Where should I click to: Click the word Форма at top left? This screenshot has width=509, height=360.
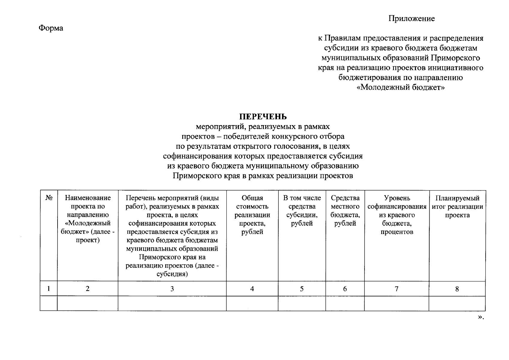[51, 28]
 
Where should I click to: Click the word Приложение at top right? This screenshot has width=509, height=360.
[412, 19]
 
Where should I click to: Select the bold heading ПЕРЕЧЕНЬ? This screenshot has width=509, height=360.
[263, 116]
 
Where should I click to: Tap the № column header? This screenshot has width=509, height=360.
[49, 198]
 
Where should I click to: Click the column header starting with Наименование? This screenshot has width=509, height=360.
[88, 219]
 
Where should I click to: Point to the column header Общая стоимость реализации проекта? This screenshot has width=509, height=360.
[252, 215]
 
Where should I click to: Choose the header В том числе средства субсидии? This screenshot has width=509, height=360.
[302, 211]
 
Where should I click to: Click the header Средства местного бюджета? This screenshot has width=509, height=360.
[345, 211]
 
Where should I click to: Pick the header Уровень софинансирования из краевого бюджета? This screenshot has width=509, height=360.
[397, 215]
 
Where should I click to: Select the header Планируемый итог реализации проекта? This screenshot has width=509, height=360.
[457, 206]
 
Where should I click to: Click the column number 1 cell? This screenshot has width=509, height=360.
[49, 289]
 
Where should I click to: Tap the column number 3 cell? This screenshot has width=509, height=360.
[172, 289]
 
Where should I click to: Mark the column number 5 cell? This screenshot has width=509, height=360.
[302, 289]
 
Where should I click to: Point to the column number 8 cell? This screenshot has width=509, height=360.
[457, 289]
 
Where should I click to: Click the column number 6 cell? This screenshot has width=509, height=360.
[345, 289]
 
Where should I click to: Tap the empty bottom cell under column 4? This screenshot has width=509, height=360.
[252, 303]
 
